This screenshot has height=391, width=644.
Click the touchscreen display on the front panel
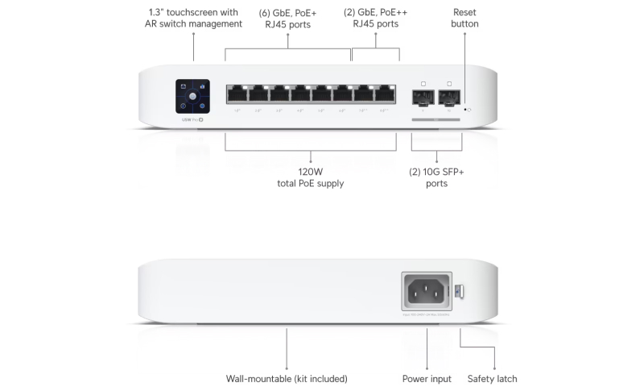click(x=192, y=96)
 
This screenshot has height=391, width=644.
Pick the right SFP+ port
click(x=448, y=98)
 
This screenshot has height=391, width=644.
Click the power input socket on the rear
click(x=427, y=292)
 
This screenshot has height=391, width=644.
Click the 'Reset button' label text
click(x=465, y=18)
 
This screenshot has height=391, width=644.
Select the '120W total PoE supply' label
click(x=310, y=177)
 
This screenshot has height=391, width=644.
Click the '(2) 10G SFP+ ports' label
click(x=436, y=177)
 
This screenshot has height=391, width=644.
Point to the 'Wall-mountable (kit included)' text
click(x=287, y=378)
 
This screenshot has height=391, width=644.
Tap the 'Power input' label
click(x=427, y=378)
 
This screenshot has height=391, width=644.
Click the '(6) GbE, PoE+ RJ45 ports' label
click(x=287, y=18)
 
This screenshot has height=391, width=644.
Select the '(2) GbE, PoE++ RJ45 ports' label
click(x=375, y=18)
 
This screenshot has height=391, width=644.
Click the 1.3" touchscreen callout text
click(x=193, y=18)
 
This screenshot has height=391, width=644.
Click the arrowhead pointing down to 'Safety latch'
click(x=493, y=366)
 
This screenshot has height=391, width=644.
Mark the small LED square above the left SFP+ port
click(x=423, y=84)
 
